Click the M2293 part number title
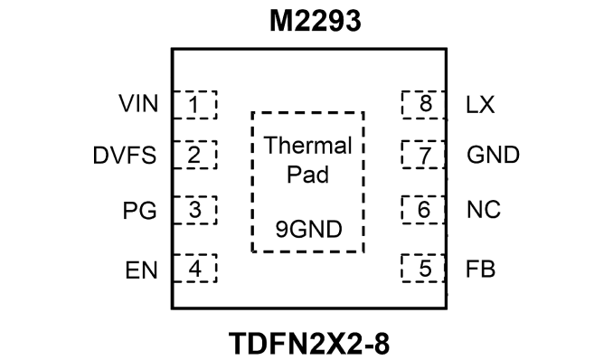pos(316,21)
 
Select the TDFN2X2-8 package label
pos(309,344)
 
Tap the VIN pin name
pos(139,104)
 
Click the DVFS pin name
pos(125,155)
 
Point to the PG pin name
pos(139,211)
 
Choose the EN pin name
pos(141,270)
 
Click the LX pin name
pos(480,105)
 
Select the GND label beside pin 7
pos(493,155)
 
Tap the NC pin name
pos(484,209)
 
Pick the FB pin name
pos(480,270)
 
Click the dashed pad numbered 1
pos(194,105)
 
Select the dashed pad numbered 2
pos(194,155)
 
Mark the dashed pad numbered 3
pos(194,210)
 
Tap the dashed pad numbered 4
pos(194,268)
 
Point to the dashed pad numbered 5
pos(423,268)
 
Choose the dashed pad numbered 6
pos(423,210)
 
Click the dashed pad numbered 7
pos(423,155)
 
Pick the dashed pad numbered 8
pos(423,105)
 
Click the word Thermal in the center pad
pos(308,146)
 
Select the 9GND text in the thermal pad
pos(309,230)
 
